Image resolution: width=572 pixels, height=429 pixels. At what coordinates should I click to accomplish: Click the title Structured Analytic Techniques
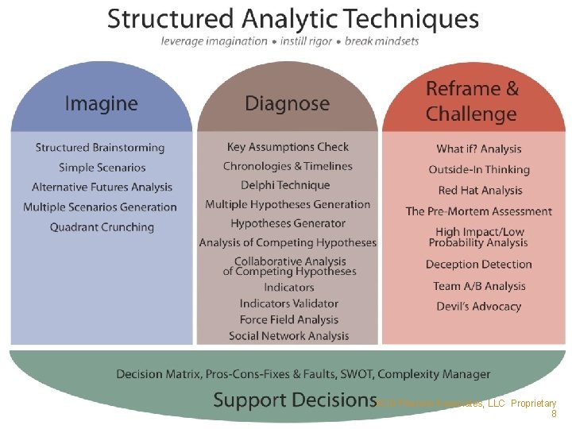point(293,18)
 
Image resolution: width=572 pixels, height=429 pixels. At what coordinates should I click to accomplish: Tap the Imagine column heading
point(101,103)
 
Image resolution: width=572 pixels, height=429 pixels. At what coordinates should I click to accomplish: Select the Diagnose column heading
point(287,103)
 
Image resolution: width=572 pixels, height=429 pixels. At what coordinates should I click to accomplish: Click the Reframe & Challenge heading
point(472,101)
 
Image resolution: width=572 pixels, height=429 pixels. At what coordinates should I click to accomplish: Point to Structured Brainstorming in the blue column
point(100,148)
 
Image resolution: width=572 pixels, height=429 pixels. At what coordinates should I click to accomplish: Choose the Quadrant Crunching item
point(102,227)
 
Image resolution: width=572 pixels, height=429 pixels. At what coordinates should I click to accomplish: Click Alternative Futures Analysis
point(102,187)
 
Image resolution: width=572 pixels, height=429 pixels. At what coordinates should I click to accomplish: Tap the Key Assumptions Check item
point(288,147)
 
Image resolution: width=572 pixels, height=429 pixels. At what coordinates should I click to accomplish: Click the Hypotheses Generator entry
point(288,223)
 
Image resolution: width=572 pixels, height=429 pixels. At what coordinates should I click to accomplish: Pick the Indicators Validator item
point(289,303)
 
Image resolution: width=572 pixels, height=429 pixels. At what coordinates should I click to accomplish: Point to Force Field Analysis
point(289,319)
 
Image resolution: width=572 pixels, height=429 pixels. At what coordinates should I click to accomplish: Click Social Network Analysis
point(289,336)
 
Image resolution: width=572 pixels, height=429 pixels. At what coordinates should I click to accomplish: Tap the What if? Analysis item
point(479,149)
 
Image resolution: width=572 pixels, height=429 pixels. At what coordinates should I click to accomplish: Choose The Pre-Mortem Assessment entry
point(478,211)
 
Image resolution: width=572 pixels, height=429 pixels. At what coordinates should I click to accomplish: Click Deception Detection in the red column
point(478,265)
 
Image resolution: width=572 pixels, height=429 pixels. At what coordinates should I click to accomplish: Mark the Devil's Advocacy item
point(478,307)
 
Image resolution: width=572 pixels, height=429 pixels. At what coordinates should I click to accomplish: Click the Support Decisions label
point(295,400)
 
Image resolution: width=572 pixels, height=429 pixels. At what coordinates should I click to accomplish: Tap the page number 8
point(554,414)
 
